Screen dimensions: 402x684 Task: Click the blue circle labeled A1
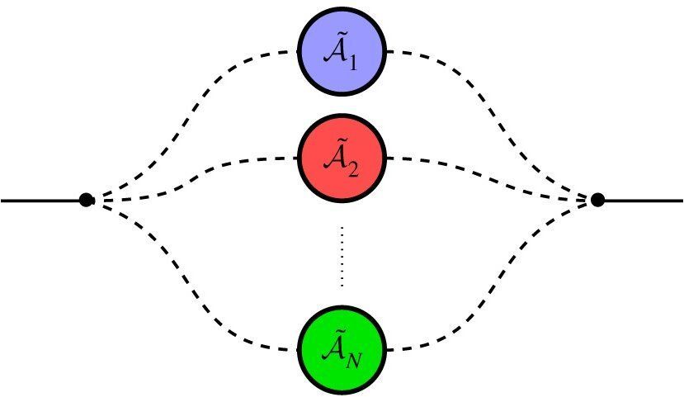tap(342, 50)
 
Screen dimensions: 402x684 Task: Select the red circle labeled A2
tap(342, 157)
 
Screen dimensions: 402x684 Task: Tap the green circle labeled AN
tap(342, 350)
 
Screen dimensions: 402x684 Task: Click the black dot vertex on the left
tap(86, 200)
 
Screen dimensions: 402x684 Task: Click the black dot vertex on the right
tap(598, 200)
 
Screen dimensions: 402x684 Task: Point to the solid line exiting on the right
tap(644, 200)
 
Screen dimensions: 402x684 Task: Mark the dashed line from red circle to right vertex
tap(487, 169)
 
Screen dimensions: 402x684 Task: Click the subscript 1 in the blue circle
tap(352, 63)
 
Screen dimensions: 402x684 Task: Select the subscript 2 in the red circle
tap(352, 168)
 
